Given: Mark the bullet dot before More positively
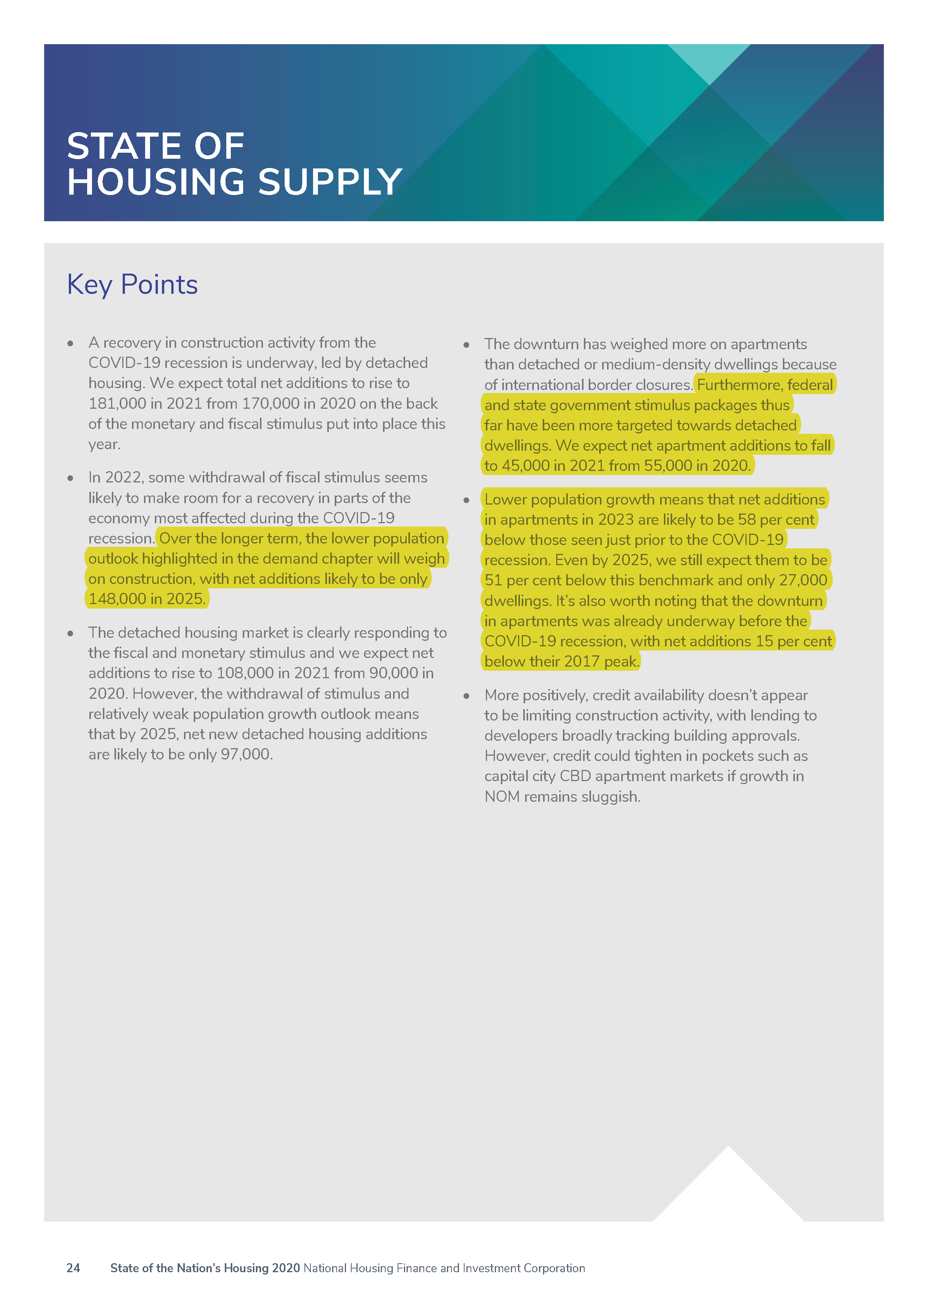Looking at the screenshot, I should pos(466,696).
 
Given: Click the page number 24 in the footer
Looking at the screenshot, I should pos(73,1268).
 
